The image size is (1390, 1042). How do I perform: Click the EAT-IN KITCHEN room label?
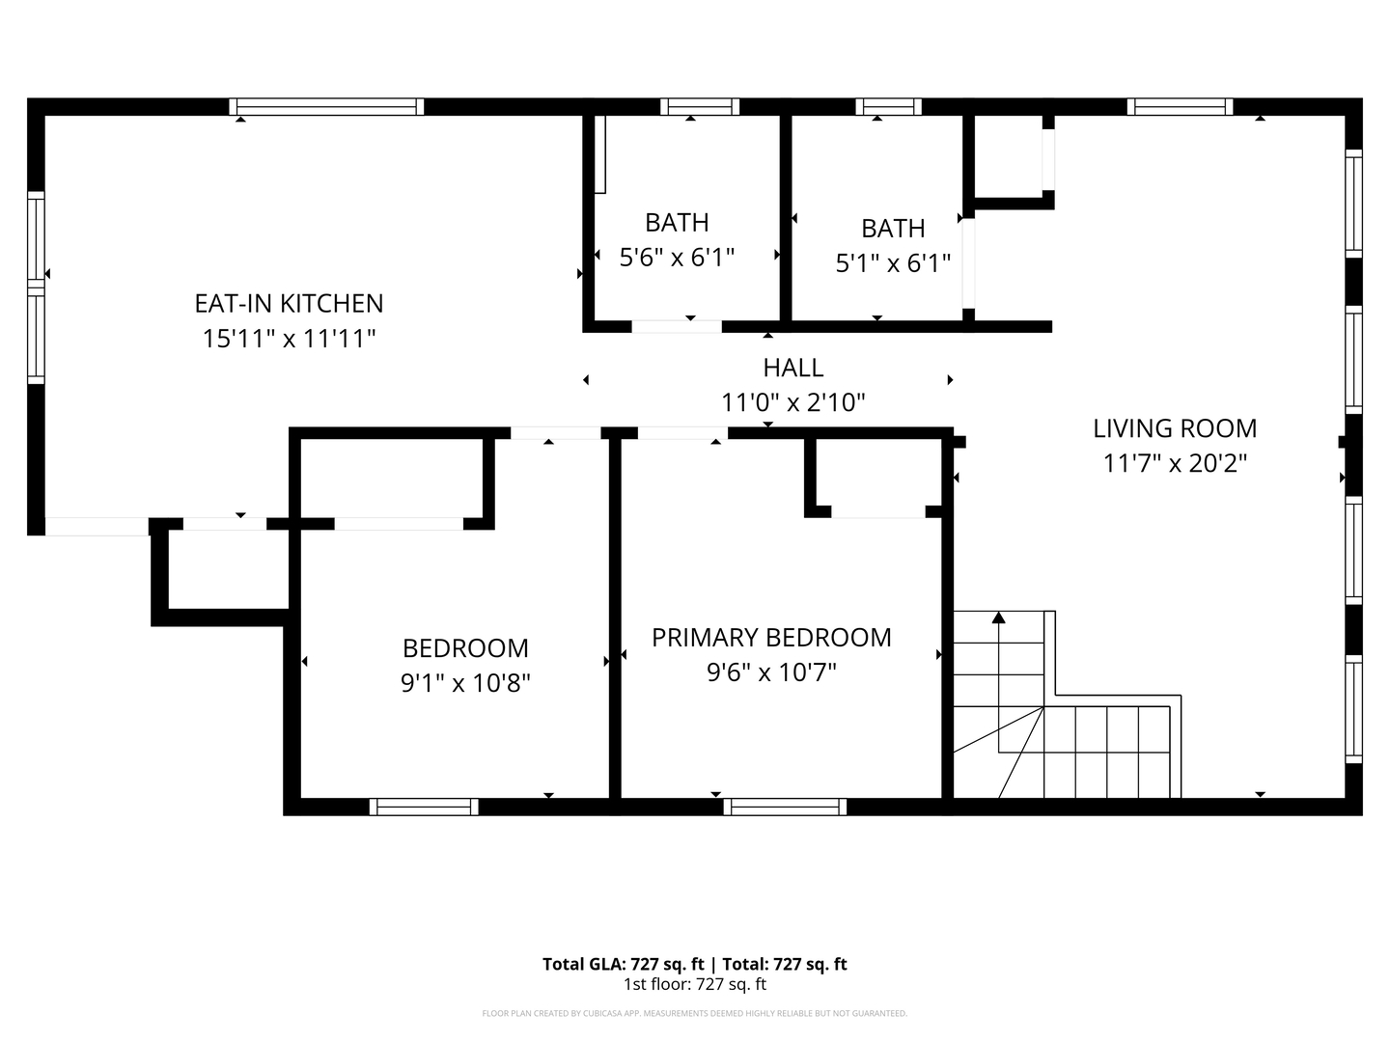[x=289, y=304]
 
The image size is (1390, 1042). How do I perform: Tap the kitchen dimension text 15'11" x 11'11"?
[x=289, y=339]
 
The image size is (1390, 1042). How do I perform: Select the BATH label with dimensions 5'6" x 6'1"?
[x=677, y=223]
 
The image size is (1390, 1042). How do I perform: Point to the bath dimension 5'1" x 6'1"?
[x=893, y=263]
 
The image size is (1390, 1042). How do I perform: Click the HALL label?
[x=792, y=368]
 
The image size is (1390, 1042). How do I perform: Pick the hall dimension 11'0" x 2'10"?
[x=792, y=402]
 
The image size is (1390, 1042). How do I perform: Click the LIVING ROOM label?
[x=1175, y=428]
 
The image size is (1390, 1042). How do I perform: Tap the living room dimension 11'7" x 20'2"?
[x=1175, y=464]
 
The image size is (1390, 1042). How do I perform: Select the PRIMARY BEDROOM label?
[x=771, y=637]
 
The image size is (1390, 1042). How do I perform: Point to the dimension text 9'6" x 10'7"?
[x=771, y=672]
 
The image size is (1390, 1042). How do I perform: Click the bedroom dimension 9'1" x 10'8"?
[x=465, y=683]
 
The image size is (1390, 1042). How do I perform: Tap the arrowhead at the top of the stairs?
[x=999, y=617]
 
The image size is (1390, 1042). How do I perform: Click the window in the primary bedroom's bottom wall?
[x=785, y=807]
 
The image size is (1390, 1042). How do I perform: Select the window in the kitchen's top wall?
[x=326, y=106]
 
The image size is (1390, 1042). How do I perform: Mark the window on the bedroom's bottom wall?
[x=424, y=807]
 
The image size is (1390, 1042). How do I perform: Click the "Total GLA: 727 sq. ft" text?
[x=624, y=964]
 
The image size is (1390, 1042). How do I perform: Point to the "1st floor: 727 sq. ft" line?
[x=695, y=984]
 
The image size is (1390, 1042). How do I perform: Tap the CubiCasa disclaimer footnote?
[x=695, y=1013]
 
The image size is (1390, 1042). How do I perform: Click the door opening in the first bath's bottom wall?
[x=677, y=326]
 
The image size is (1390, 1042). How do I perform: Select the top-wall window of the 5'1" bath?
[x=888, y=106]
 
